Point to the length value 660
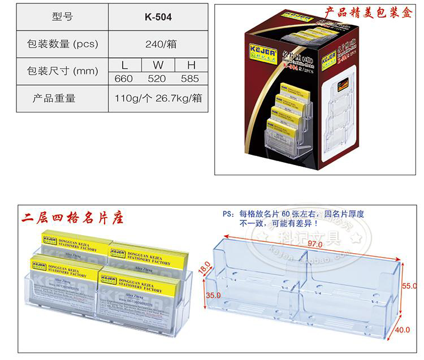[123, 79]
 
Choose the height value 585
[189, 79]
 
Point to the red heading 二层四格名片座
[72, 217]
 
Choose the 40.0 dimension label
[402, 331]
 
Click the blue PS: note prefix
[228, 214]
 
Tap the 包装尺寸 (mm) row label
[63, 72]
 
